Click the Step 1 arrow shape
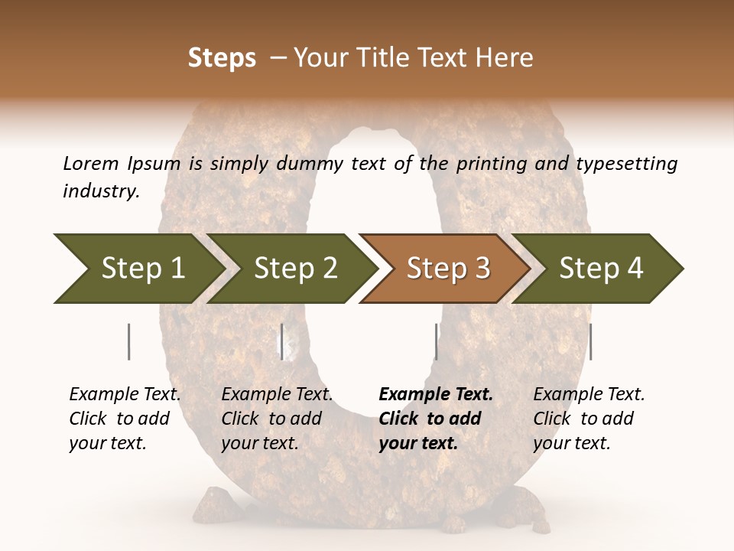tap(138, 268)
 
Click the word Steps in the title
tap(222, 58)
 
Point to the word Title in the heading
tap(379, 58)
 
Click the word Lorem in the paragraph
tap(91, 164)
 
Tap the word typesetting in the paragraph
tap(626, 164)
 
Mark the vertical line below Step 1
tap(129, 341)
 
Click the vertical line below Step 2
tap(282, 341)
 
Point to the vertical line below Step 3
tap(436, 341)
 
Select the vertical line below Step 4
tap(590, 341)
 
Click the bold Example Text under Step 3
tap(436, 395)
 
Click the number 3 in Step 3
tap(482, 269)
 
